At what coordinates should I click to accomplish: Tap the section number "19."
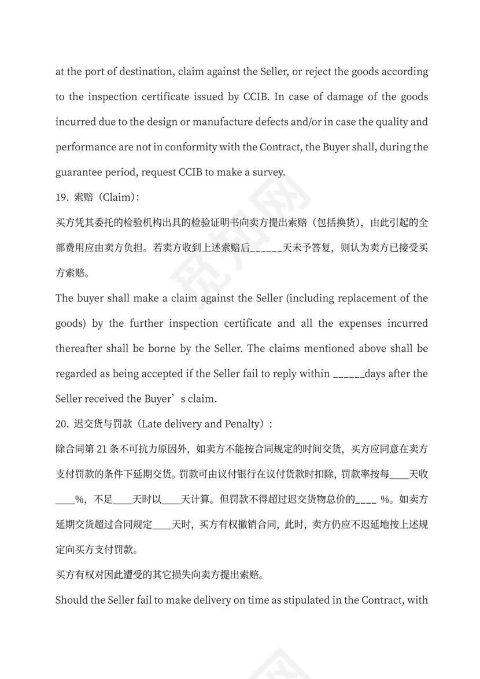pyautogui.click(x=62, y=197)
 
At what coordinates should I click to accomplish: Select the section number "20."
pyautogui.click(x=62, y=424)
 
